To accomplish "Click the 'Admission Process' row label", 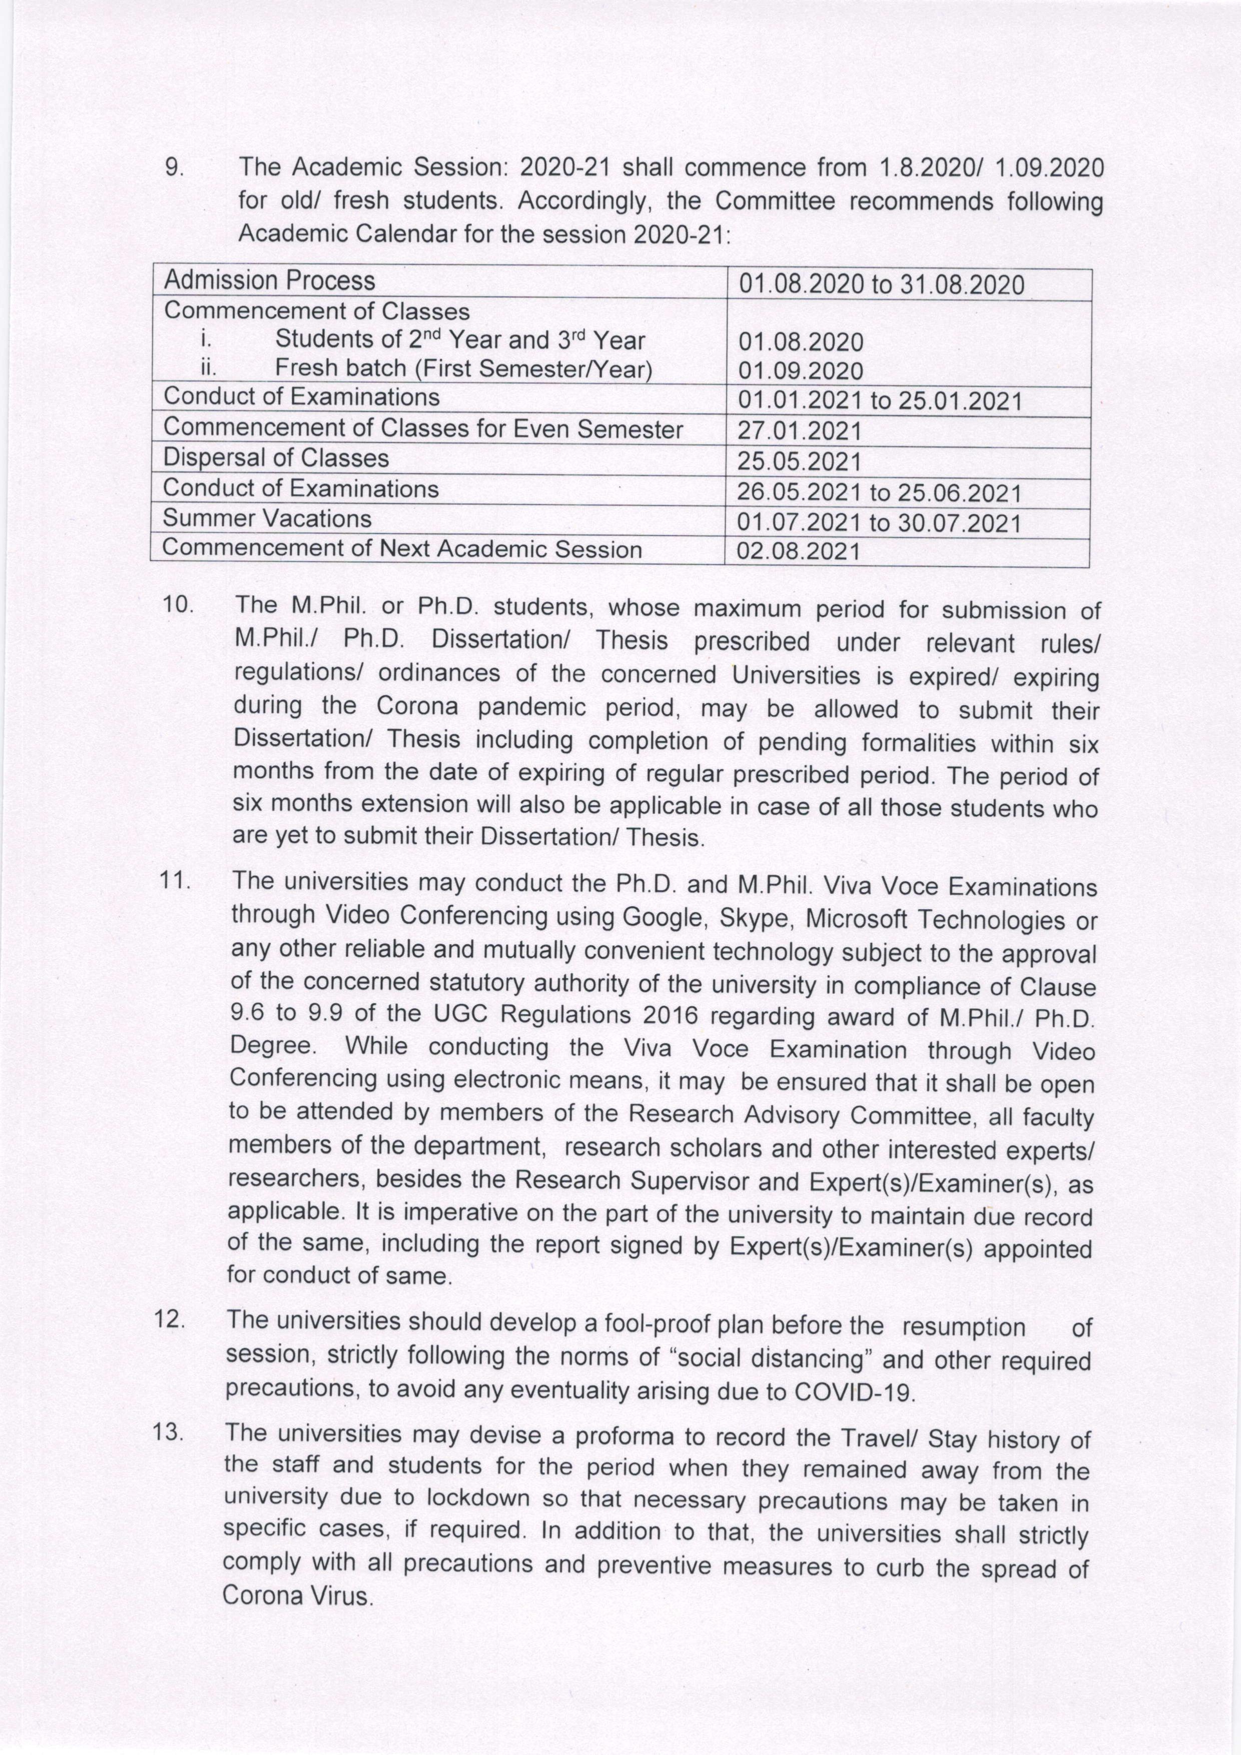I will tap(269, 281).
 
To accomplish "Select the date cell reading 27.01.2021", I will tap(799, 431).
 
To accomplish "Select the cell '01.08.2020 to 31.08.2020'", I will tap(881, 285).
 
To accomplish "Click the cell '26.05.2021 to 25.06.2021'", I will tap(879, 493).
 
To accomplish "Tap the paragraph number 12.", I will tap(169, 1319).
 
